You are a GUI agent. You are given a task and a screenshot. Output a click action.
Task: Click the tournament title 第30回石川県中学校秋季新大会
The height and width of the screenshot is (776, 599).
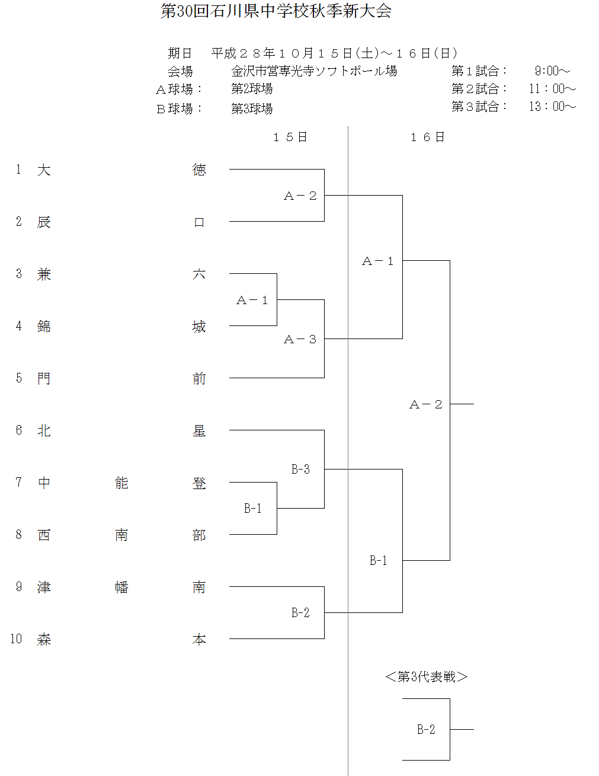click(276, 11)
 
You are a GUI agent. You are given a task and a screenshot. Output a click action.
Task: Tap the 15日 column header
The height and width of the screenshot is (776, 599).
click(290, 138)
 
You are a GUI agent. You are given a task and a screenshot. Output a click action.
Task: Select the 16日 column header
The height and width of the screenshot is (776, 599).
click(427, 138)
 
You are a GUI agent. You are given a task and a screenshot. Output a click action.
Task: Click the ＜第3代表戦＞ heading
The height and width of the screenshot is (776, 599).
click(426, 677)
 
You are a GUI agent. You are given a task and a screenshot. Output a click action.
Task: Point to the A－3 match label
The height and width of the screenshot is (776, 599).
click(300, 340)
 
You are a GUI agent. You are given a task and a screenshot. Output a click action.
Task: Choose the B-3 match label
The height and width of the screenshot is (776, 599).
click(300, 470)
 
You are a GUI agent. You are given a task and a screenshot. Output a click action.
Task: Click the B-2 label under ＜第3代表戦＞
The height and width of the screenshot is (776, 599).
click(426, 730)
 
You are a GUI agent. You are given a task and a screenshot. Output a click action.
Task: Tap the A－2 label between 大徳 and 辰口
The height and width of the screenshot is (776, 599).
click(300, 196)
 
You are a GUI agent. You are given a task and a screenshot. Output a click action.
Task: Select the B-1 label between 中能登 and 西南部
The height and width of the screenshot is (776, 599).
click(253, 509)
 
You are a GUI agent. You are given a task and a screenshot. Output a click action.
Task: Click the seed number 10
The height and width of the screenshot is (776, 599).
click(16, 639)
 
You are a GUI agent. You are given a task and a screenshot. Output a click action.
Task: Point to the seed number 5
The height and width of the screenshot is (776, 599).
click(19, 378)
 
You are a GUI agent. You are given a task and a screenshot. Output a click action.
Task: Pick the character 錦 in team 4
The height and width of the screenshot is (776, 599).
click(44, 327)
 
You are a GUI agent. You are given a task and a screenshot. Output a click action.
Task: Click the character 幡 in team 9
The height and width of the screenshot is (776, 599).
click(121, 587)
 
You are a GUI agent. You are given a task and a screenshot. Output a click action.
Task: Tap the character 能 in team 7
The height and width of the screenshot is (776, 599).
click(121, 483)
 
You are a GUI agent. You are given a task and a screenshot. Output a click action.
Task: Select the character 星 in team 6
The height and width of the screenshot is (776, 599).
click(199, 431)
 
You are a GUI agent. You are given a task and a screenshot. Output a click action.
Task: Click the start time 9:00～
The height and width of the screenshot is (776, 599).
click(552, 71)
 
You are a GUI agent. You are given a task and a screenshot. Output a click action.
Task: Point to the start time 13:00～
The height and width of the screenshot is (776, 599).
click(552, 107)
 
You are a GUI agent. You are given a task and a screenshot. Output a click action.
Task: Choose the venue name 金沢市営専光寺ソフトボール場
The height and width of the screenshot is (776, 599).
click(314, 71)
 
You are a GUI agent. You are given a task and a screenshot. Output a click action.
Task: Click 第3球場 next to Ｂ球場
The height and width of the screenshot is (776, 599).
click(252, 108)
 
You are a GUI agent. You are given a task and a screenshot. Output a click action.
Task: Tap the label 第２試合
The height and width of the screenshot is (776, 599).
click(479, 89)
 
